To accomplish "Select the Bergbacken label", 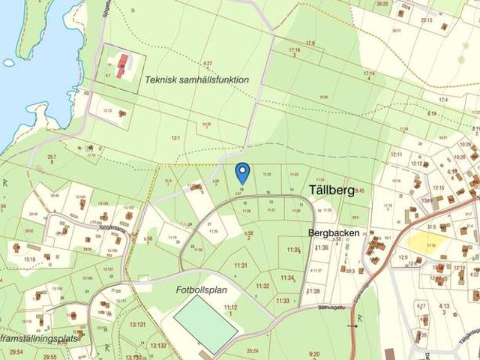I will click(334, 233).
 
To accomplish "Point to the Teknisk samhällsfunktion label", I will click(197, 79).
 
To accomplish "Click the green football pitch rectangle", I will click(205, 323).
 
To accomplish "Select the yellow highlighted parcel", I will click(426, 241).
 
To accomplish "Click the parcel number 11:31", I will click(240, 265).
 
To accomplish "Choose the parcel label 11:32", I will click(262, 286).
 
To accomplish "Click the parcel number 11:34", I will click(287, 277).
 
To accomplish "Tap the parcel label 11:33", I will click(283, 301).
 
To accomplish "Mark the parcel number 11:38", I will click(313, 291).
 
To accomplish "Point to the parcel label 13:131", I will click(137, 325).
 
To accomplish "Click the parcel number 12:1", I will click(176, 139).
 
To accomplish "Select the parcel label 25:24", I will click(252, 350).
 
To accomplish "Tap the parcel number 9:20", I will click(313, 354).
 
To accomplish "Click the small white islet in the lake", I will click(9, 63).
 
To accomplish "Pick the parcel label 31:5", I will click(431, 226).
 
